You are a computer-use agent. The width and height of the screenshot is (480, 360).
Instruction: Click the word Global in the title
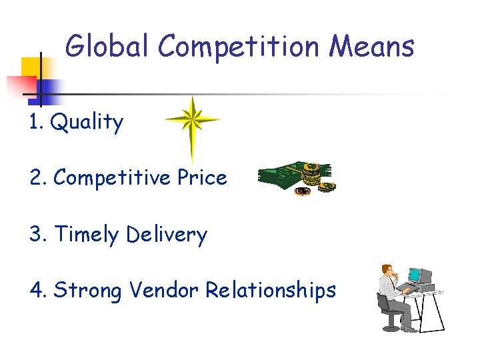click(108, 47)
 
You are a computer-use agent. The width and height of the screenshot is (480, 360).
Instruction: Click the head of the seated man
click(386, 271)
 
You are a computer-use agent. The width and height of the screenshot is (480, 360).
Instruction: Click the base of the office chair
click(391, 327)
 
